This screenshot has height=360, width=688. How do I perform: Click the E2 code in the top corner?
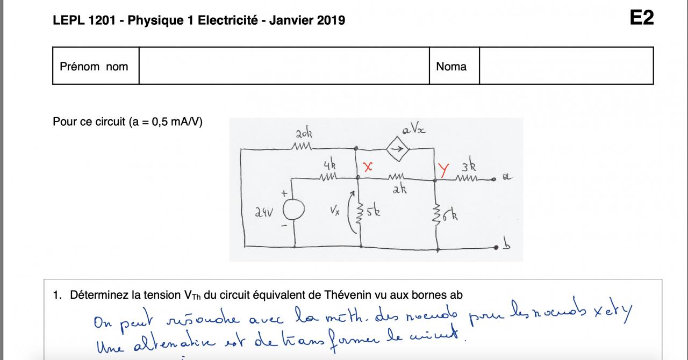[642, 18]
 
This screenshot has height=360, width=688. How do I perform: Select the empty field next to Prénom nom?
[284, 66]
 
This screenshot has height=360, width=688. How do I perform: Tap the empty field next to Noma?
[566, 66]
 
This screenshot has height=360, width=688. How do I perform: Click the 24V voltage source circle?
[293, 210]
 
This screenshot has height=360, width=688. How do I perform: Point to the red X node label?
[368, 167]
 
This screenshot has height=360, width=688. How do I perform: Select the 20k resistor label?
[303, 133]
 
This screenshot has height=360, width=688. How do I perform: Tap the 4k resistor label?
[329, 165]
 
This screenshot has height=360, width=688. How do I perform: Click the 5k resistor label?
[374, 211]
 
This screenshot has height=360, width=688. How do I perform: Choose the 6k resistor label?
[450, 217]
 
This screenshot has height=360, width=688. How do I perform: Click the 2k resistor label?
[398, 190]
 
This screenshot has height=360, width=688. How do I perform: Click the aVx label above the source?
[413, 129]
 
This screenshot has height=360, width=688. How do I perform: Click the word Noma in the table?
[451, 67]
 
